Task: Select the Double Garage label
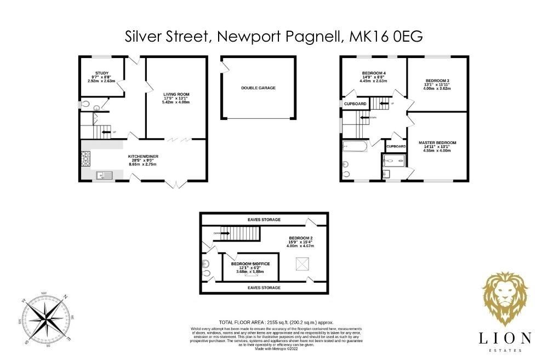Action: (258, 88)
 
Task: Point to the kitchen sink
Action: (104, 175)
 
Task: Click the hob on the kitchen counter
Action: (85, 159)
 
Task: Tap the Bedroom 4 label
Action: (373, 73)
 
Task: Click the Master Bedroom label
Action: (437, 142)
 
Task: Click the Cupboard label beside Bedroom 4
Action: (355, 104)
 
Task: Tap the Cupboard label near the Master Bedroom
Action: (396, 147)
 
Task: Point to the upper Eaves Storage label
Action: (265, 220)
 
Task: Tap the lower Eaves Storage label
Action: (264, 287)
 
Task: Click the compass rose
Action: (45, 318)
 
